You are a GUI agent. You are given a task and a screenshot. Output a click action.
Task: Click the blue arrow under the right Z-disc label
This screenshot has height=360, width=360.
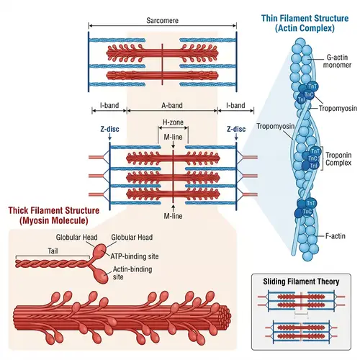237,140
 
